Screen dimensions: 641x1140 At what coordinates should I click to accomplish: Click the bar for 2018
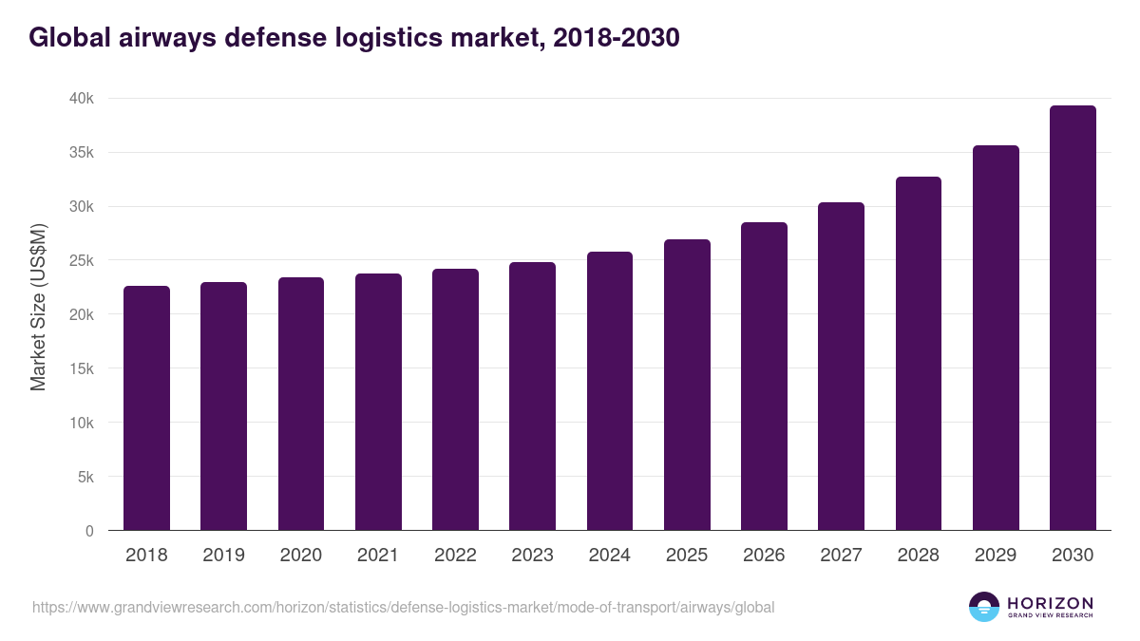point(146,408)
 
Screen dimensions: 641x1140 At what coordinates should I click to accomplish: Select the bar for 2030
point(1073,318)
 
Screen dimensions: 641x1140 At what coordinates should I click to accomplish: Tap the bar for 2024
point(610,391)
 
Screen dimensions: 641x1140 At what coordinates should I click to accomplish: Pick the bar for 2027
point(841,367)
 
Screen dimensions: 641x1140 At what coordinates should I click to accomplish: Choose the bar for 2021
point(378,402)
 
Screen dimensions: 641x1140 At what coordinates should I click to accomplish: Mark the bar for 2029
point(996,338)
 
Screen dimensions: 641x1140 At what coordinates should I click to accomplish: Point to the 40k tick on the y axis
point(82,99)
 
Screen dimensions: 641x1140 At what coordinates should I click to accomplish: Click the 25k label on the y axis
point(82,261)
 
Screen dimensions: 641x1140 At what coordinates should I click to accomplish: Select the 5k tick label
point(85,478)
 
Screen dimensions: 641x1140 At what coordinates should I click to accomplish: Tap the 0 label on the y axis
point(89,532)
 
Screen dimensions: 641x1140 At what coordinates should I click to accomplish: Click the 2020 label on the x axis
point(300,556)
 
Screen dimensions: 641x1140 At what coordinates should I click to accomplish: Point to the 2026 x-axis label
point(764,556)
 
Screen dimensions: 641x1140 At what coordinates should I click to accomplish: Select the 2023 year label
point(532,556)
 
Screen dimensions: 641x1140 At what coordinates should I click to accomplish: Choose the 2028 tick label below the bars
point(918,556)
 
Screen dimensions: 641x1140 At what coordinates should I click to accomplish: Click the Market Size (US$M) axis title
point(38,308)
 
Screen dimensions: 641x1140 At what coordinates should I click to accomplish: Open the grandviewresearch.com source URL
point(403,607)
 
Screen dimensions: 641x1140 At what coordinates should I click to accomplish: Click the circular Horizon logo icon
point(984,607)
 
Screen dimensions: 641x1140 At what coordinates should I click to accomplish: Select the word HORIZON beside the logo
point(1050,603)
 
